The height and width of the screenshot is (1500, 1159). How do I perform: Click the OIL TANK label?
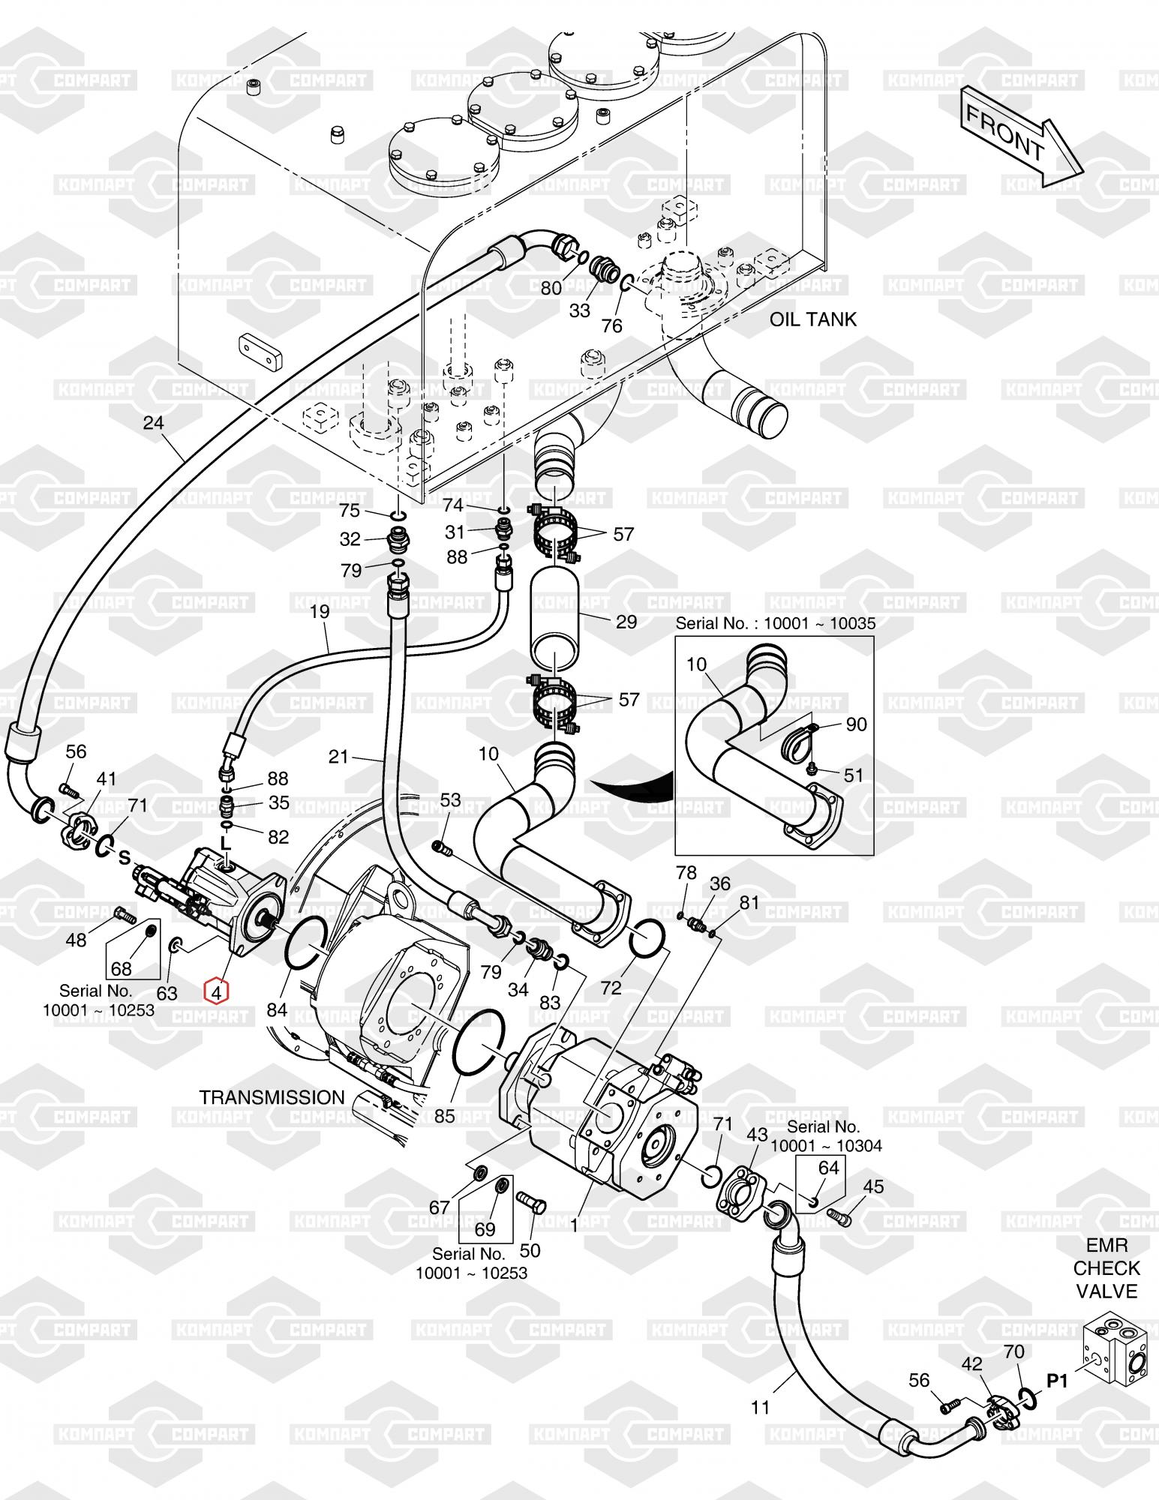(x=812, y=319)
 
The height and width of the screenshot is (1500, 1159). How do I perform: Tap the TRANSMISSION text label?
(x=272, y=1097)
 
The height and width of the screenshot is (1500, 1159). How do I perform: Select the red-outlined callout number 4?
(x=217, y=992)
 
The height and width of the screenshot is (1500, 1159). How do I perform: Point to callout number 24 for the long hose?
(x=153, y=423)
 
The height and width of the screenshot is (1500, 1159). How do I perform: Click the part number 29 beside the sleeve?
(x=626, y=622)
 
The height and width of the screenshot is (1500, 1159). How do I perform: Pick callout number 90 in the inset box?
(x=856, y=724)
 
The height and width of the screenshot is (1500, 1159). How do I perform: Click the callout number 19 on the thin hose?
(x=320, y=612)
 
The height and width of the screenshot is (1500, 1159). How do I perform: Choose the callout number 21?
(x=338, y=757)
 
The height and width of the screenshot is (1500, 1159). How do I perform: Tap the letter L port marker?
(x=226, y=844)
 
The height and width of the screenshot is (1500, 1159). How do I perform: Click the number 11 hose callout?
(x=761, y=1408)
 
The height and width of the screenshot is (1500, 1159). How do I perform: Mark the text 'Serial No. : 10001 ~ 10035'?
(x=776, y=623)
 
